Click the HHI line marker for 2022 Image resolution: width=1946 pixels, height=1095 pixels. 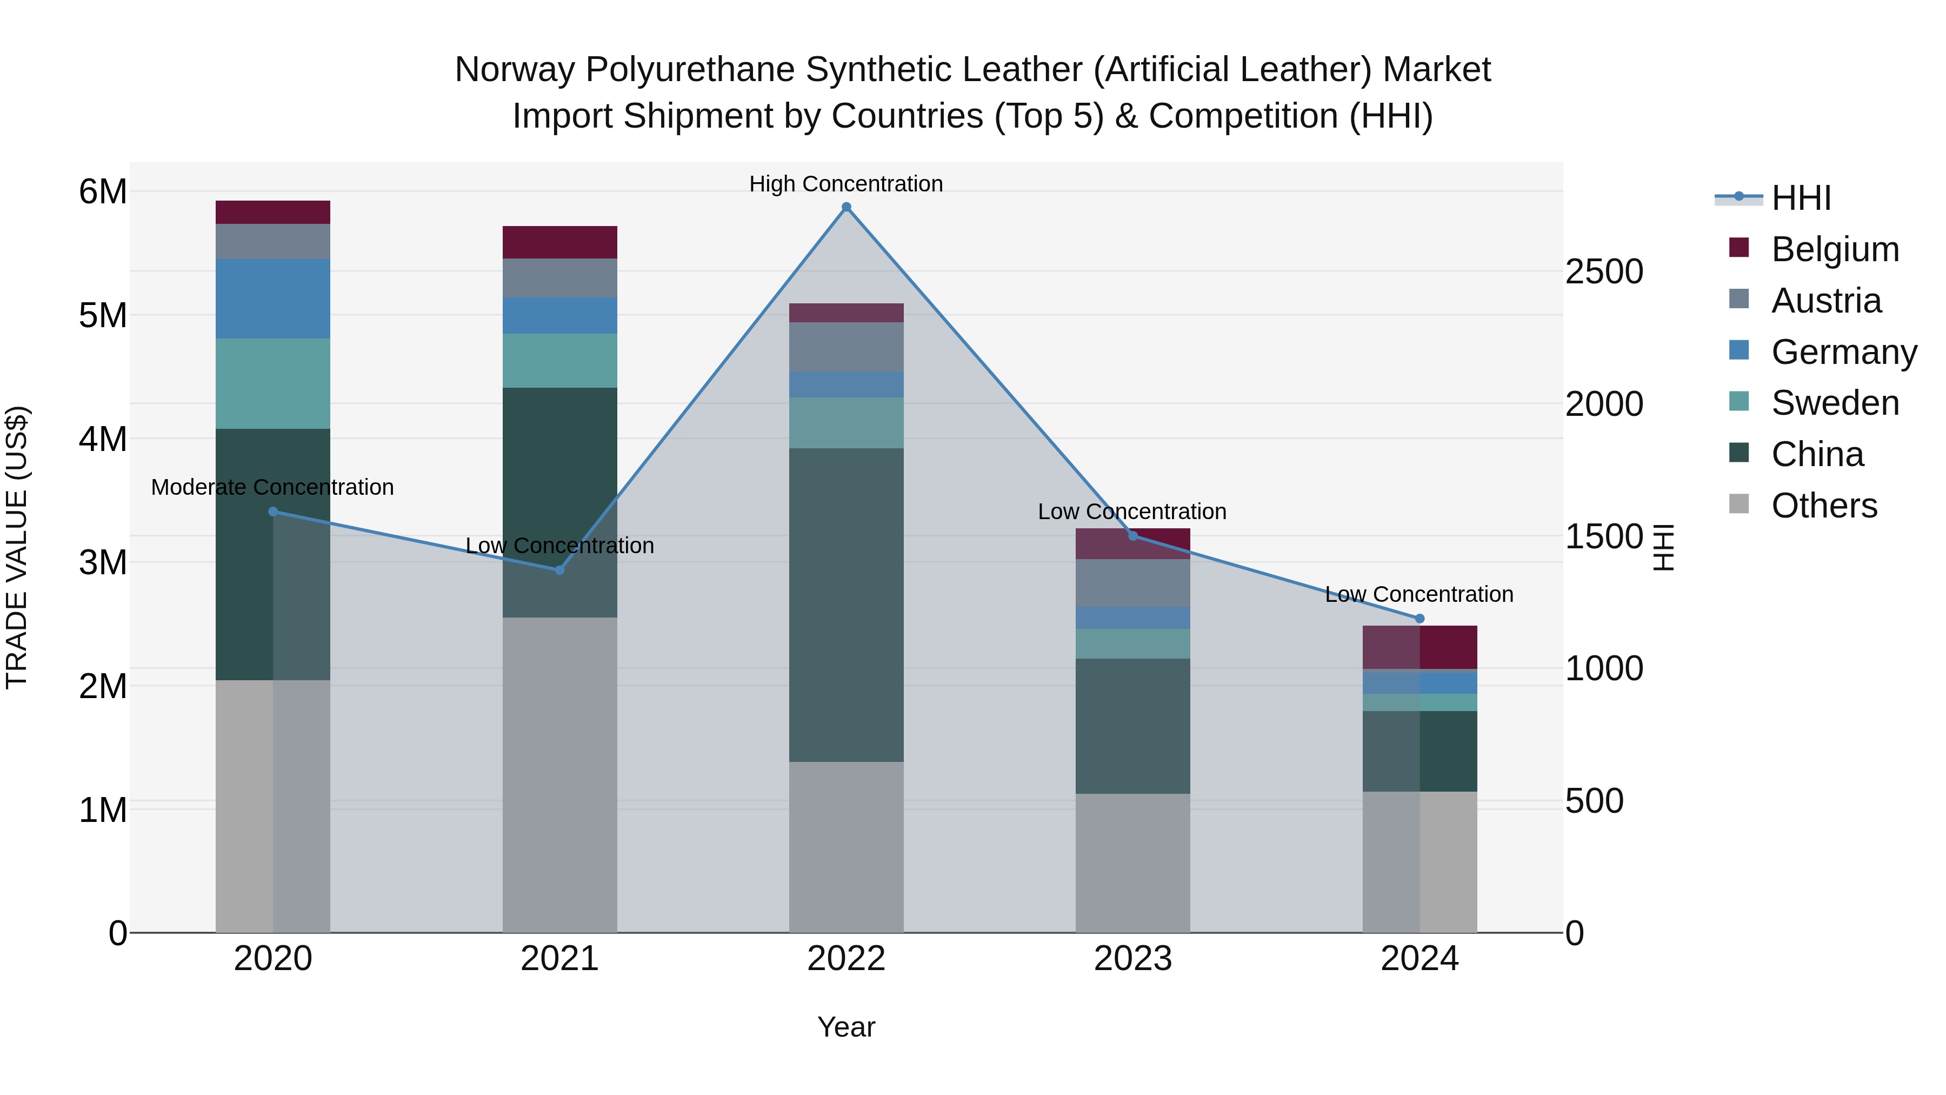(846, 207)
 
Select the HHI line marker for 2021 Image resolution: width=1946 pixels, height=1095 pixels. (560, 570)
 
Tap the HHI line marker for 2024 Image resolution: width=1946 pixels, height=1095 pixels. (1419, 618)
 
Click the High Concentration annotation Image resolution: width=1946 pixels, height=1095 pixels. (846, 184)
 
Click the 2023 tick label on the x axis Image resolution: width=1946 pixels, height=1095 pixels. (1132, 959)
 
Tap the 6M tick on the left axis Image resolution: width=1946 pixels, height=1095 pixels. (103, 191)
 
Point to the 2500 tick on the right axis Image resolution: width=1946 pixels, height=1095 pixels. (1604, 271)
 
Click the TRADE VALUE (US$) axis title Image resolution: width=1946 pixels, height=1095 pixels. (17, 547)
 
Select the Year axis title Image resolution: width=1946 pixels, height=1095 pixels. (846, 1027)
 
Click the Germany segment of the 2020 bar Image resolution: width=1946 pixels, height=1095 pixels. (273, 298)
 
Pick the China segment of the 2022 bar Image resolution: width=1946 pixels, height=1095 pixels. (846, 605)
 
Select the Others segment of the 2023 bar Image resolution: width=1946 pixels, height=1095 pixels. (1132, 862)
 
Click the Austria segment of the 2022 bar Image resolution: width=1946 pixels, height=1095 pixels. (846, 347)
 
